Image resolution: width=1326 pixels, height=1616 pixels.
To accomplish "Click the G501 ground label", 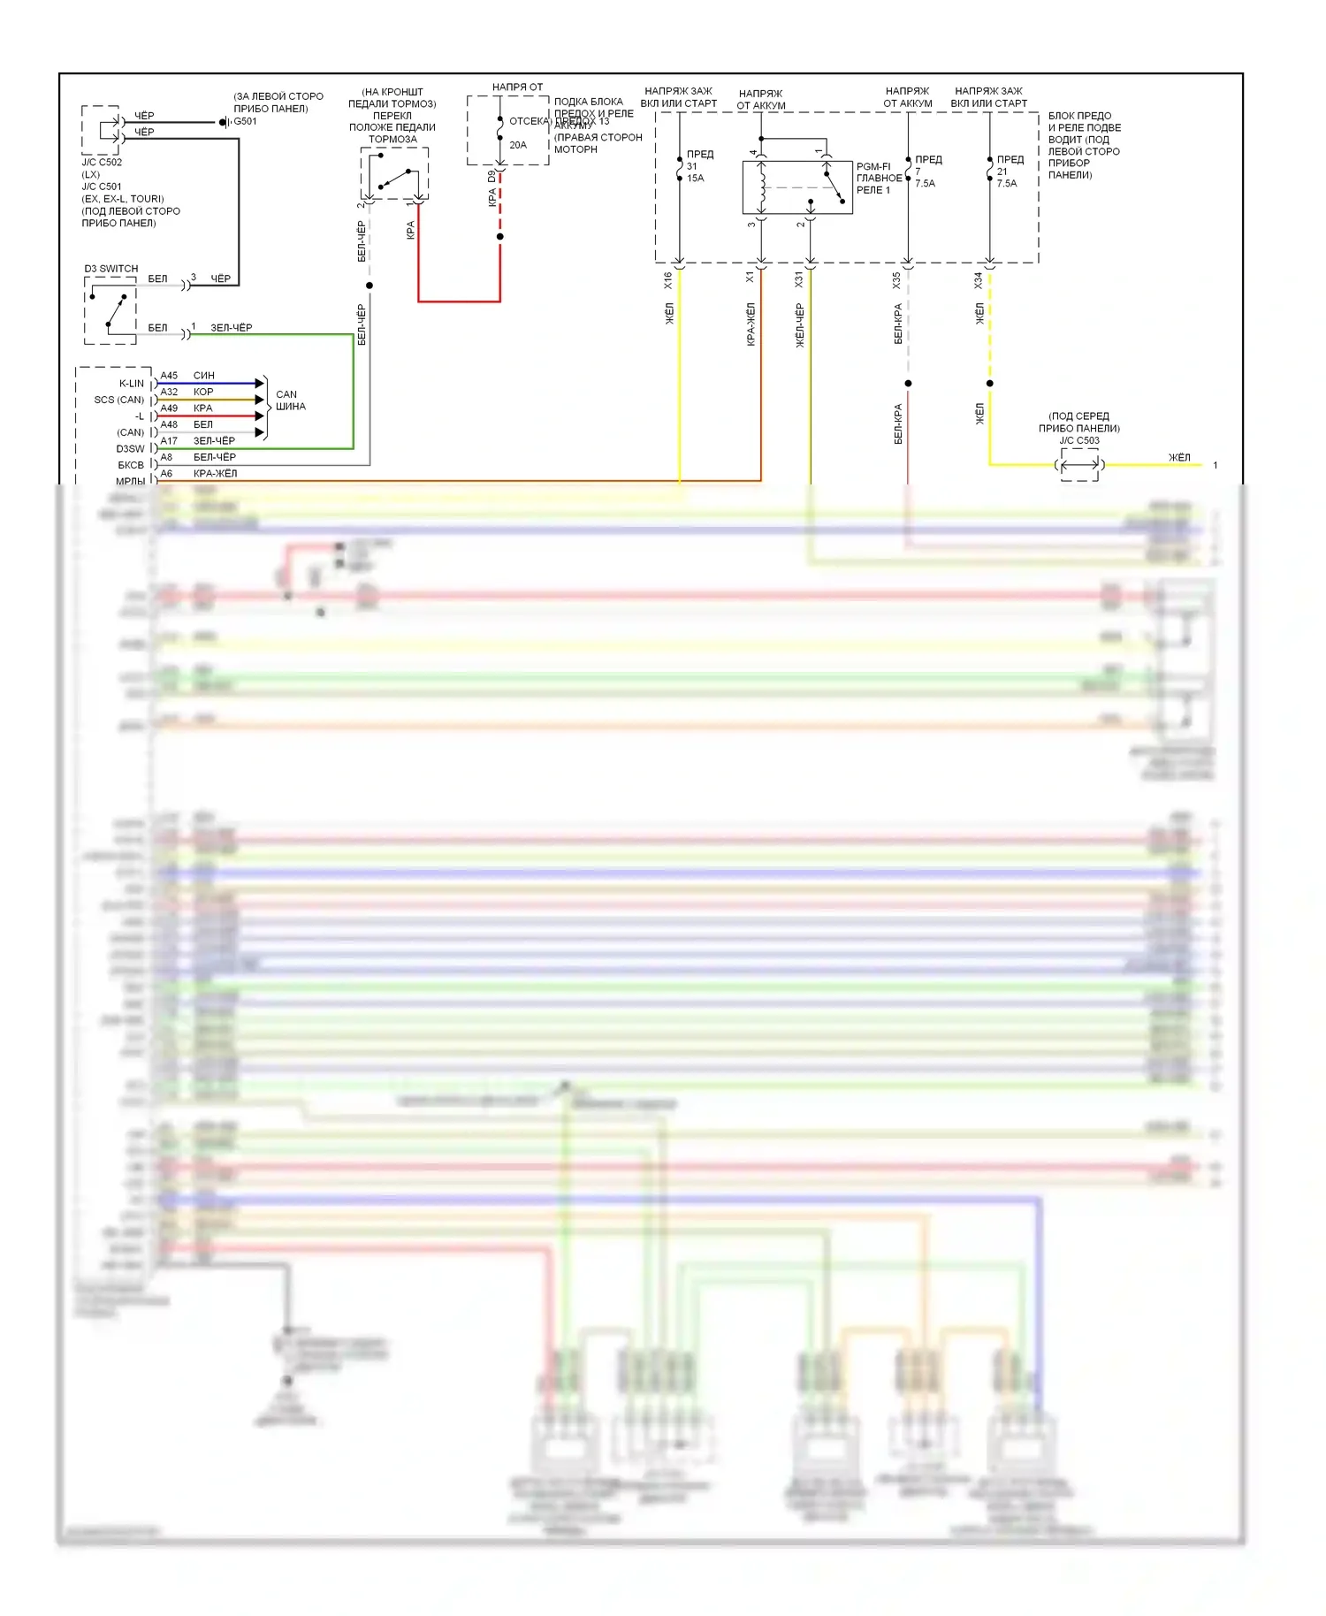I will tap(245, 121).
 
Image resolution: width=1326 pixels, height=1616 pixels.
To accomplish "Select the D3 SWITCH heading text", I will tap(111, 269).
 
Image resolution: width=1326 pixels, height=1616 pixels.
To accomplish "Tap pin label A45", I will tap(169, 376).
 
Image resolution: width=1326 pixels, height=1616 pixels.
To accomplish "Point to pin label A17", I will tap(169, 440).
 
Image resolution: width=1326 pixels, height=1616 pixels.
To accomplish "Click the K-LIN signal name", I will tap(132, 384).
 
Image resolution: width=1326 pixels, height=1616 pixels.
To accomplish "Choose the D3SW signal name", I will tap(130, 449).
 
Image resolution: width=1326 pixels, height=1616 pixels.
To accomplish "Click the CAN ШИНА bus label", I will tap(290, 400).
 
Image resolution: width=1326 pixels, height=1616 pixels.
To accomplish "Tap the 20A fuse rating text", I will tap(518, 145).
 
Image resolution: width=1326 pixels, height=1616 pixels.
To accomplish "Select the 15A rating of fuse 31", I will tap(696, 179).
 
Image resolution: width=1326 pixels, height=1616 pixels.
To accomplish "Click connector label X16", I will tap(668, 280).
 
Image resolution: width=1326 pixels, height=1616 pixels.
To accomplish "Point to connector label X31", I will tap(799, 280).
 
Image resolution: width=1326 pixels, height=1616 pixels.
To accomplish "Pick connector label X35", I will tap(896, 280).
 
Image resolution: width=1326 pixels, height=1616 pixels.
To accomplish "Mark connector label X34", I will tap(979, 280).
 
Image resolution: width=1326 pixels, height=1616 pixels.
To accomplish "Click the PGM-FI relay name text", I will tap(879, 178).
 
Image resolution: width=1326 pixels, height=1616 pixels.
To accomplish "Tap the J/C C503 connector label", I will tap(1079, 440).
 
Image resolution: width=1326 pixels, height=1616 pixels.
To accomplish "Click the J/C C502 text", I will tap(102, 163).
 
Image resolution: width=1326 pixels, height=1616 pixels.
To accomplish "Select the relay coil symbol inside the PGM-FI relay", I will tap(763, 187).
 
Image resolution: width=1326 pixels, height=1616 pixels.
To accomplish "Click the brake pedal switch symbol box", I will tap(394, 174).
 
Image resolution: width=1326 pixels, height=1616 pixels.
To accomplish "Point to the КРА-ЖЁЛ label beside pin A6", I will tap(215, 474).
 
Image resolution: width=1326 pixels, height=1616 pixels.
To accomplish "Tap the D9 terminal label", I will tap(492, 176).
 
